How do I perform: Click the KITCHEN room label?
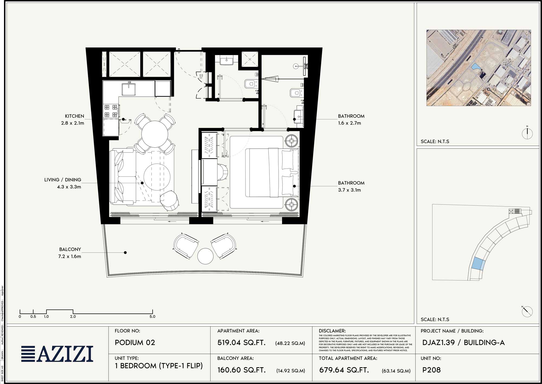(74, 116)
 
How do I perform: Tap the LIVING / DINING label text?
(63, 180)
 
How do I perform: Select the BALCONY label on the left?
(70, 249)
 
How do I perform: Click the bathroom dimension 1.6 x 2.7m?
(349, 123)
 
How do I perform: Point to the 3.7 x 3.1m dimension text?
(349, 190)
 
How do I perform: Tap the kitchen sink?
(129, 89)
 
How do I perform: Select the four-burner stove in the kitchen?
(111, 111)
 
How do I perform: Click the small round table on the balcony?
(205, 256)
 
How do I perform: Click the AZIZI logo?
(57, 354)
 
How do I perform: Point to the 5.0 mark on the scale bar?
(152, 316)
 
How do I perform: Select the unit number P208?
(431, 370)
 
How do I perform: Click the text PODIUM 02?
(135, 342)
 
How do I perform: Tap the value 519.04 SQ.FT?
(241, 342)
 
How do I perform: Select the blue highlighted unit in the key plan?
(478, 263)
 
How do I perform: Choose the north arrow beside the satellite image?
(527, 133)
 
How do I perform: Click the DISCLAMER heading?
(332, 331)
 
